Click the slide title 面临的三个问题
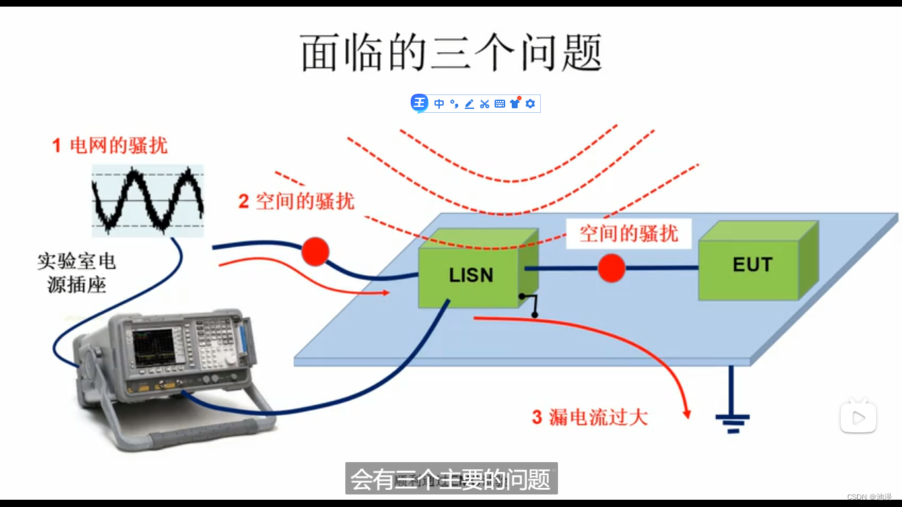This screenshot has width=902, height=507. [451, 53]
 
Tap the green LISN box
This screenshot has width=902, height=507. [470, 276]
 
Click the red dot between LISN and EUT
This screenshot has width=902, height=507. [611, 268]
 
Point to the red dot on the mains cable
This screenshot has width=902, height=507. [315, 252]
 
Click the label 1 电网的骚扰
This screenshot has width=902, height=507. [110, 145]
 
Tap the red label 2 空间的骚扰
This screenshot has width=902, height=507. [296, 201]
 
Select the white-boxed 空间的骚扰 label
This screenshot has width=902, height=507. [628, 233]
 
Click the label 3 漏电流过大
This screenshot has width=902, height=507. [590, 417]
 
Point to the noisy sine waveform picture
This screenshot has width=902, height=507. [147, 200]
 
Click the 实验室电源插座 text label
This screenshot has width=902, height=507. [77, 273]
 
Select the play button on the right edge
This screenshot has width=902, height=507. [858, 417]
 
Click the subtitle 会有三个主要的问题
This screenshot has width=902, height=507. [451, 479]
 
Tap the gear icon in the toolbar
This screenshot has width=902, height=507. [530, 104]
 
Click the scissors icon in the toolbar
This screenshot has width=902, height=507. [485, 104]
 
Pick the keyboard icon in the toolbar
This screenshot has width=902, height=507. [500, 104]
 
